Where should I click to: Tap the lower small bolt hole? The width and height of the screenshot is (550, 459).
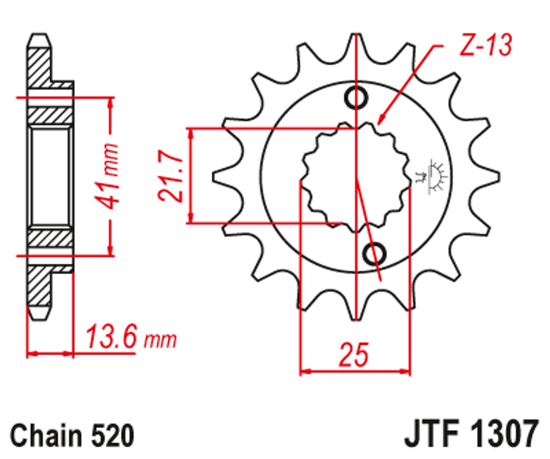375,252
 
